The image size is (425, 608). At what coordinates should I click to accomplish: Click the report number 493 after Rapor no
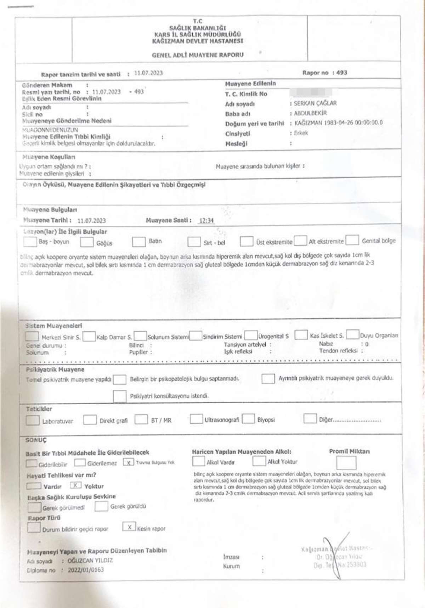tap(342, 73)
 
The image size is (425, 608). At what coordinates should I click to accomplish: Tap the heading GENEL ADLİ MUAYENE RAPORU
tap(198, 55)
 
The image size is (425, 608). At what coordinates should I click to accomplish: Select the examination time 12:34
tap(206, 220)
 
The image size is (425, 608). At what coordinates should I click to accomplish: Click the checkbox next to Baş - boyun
tap(30, 242)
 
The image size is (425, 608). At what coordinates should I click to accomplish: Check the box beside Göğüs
tap(87, 242)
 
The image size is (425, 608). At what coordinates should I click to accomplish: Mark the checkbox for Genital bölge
tap(352, 240)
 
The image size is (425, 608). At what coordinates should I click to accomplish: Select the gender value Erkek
tap(301, 133)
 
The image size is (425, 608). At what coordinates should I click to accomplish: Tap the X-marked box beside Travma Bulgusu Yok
tap(128, 462)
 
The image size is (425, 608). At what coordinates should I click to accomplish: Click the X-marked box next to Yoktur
tap(76, 485)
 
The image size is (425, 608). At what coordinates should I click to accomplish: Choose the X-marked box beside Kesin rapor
tap(129, 527)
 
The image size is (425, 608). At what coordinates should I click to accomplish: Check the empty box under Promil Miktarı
tap(346, 463)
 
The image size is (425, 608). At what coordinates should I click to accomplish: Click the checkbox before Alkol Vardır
tap(198, 461)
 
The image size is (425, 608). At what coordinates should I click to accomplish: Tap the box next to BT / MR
tap(141, 420)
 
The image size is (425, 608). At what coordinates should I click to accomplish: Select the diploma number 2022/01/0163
tap(86, 570)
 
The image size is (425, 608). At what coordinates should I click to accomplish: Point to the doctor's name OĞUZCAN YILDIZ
tap(90, 560)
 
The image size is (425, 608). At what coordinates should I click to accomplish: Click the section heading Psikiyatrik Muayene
tap(55, 370)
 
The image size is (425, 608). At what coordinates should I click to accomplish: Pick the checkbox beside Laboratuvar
tap(33, 421)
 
